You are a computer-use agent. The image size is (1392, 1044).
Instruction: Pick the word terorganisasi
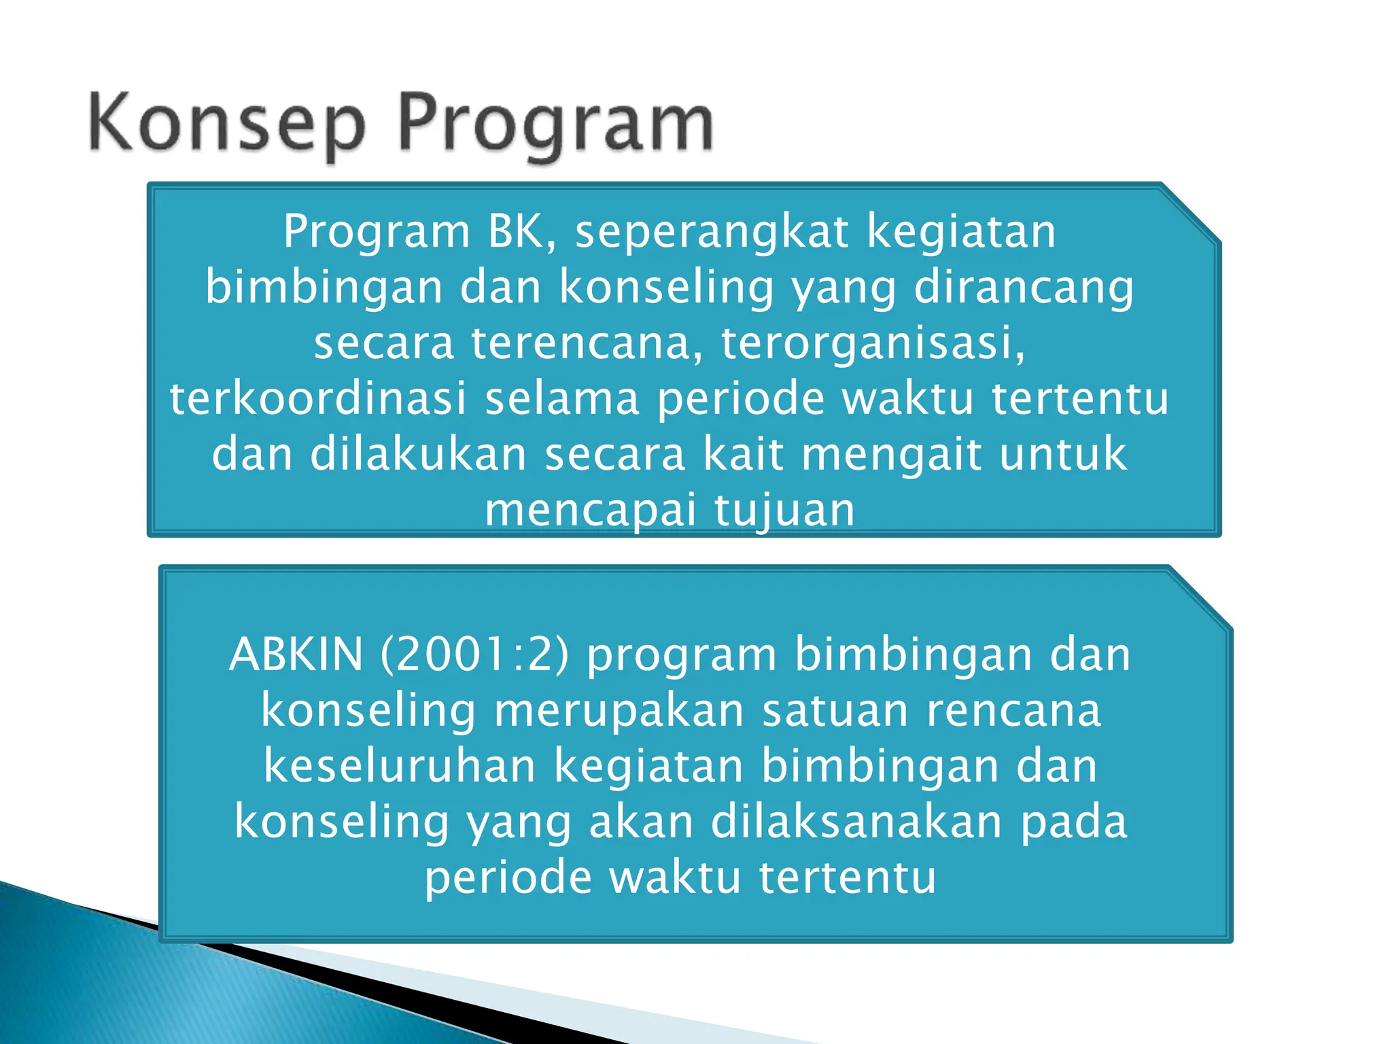873,343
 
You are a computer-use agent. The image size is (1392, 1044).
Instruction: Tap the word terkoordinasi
318,398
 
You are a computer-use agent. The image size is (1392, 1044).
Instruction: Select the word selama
561,398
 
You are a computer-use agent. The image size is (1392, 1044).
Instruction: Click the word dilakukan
419,454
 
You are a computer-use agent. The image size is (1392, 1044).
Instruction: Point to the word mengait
891,455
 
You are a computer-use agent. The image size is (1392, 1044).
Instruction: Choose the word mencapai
591,511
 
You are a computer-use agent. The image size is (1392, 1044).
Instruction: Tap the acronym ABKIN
296,655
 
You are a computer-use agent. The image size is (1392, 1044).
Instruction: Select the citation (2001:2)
474,655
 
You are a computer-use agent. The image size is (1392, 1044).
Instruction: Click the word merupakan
619,711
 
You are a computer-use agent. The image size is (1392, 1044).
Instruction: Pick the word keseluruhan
400,766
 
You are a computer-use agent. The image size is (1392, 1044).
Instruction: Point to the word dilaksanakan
857,822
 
